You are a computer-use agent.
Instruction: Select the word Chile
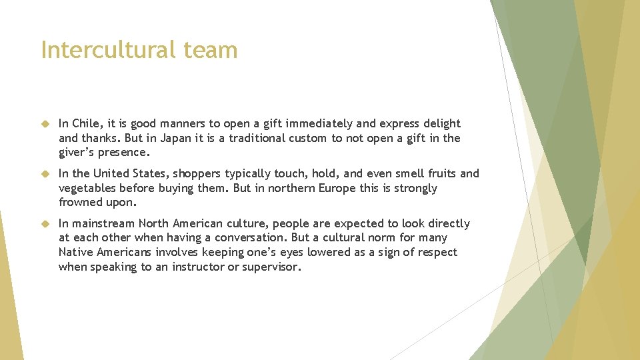(x=85, y=123)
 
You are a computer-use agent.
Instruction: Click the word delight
(x=441, y=123)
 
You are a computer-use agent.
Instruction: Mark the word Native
(x=76, y=252)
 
